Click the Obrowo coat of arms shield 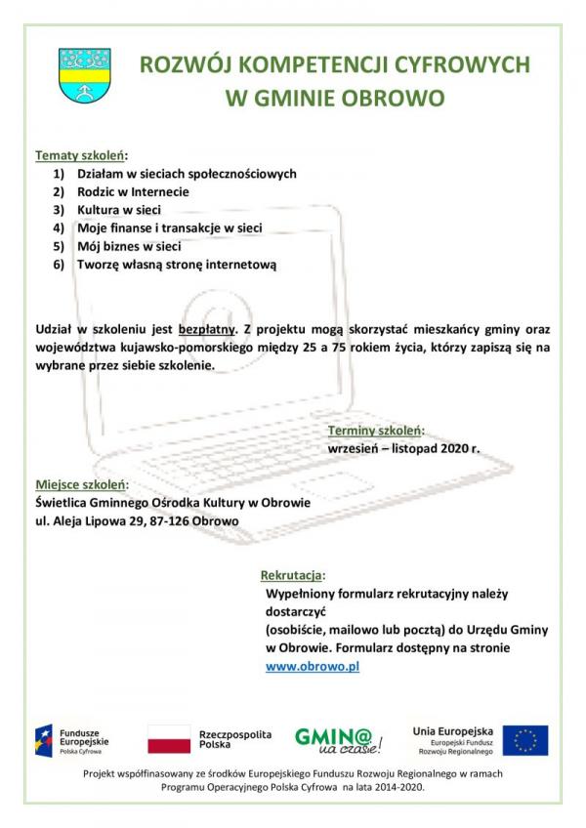85,76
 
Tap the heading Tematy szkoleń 80,155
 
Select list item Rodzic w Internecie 133,191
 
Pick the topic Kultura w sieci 119,210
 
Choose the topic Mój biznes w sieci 129,246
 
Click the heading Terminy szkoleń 375,431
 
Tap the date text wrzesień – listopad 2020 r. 403,448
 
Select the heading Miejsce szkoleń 81,484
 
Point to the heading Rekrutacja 292,575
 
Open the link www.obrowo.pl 314,666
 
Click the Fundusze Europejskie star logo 44,739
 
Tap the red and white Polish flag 169,739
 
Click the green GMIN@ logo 338,739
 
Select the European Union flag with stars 525,740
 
